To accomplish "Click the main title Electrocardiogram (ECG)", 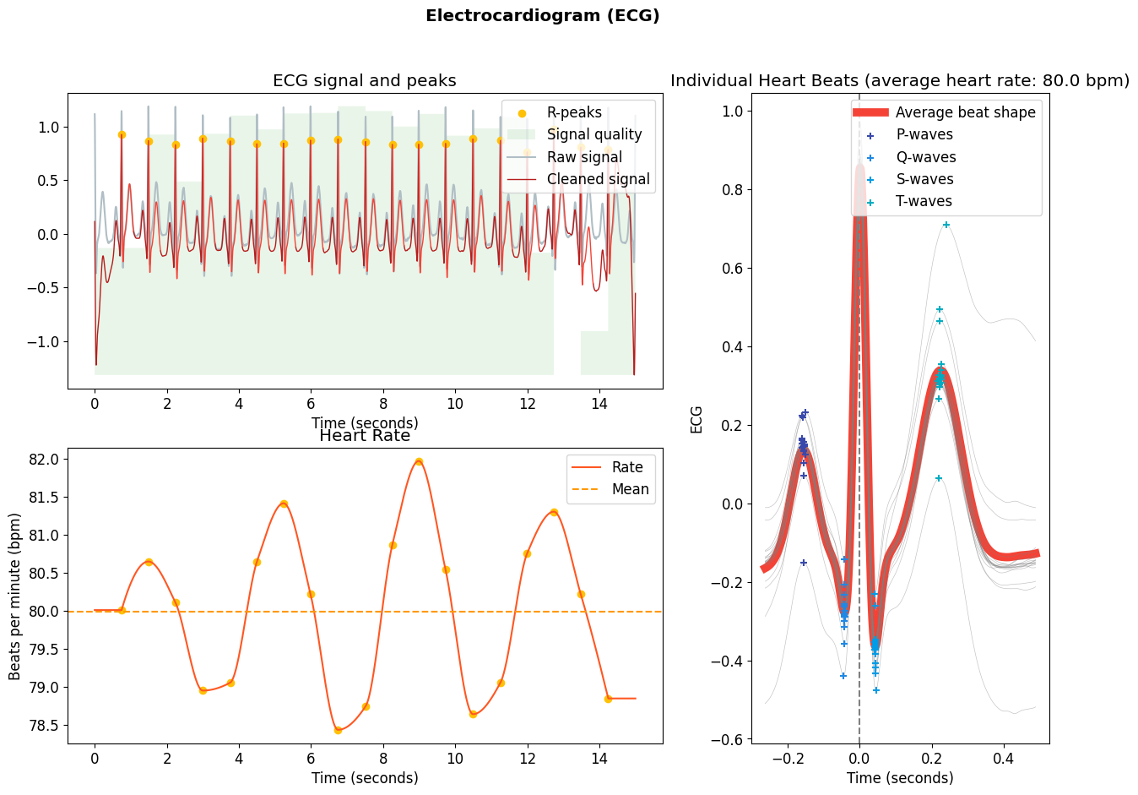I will (542, 16).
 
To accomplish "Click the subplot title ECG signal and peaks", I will (364, 81).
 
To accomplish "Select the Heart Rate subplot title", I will (364, 436).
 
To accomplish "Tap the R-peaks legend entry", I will (574, 112).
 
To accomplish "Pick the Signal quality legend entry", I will (593, 134).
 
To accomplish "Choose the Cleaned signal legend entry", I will (598, 179).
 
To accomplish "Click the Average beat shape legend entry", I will (965, 112).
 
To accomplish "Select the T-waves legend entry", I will (924, 201).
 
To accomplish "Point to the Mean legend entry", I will (630, 489).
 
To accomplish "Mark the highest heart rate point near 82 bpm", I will (419, 462).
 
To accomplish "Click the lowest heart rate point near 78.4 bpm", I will (338, 730).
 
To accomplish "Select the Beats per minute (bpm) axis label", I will (15, 596).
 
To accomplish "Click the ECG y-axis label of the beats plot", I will (696, 420).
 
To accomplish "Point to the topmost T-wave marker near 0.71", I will (946, 225).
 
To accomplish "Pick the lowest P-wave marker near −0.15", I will (804, 563).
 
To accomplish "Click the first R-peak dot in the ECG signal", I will (122, 134).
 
